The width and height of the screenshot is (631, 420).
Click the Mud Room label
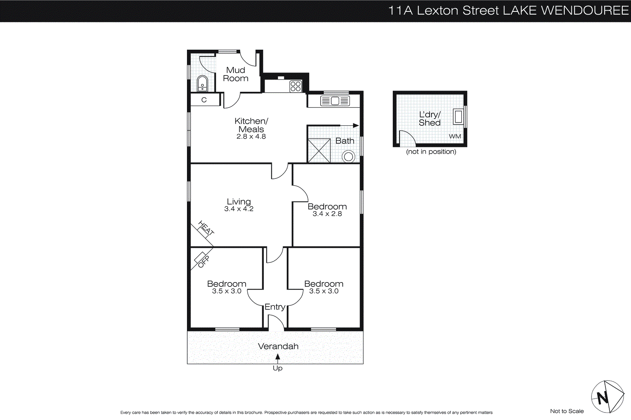(x=235, y=74)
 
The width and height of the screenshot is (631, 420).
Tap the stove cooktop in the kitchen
(x=295, y=86)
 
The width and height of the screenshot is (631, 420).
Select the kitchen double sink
(x=335, y=101)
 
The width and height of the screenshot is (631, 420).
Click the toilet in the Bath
(x=348, y=157)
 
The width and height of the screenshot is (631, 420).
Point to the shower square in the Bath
(x=319, y=151)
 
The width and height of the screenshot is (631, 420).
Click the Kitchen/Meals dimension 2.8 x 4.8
(x=251, y=137)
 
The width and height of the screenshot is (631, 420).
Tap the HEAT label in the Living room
(x=206, y=228)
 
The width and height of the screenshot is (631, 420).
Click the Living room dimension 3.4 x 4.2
(x=239, y=209)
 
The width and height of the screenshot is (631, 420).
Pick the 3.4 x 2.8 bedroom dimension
(x=327, y=214)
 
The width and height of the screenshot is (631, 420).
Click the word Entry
(x=275, y=307)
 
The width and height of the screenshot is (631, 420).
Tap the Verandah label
(x=278, y=346)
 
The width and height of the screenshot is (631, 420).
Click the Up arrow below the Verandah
(x=278, y=358)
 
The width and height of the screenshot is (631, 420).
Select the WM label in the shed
(x=455, y=136)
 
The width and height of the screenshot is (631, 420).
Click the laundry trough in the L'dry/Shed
(x=458, y=117)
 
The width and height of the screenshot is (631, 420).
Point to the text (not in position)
(x=431, y=152)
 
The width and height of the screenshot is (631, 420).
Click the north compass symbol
(x=607, y=397)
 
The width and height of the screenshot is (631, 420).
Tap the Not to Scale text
(x=567, y=411)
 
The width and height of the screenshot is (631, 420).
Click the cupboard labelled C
(x=204, y=100)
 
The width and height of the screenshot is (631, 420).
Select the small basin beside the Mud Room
(x=202, y=84)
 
